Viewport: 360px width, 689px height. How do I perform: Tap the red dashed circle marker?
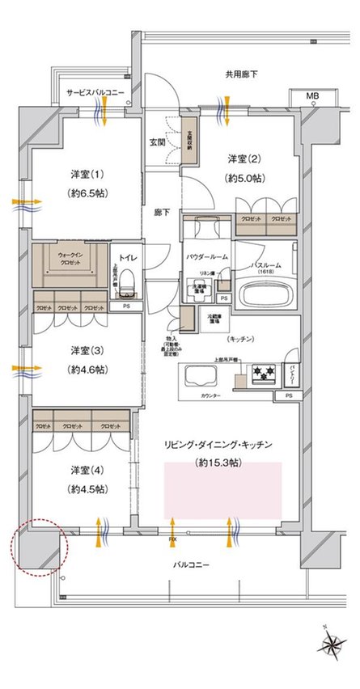[x=40, y=546]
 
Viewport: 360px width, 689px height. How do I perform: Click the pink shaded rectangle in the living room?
[x=222, y=490]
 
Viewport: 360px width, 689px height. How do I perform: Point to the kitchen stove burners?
[x=263, y=373]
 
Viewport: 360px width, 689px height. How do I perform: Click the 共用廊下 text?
[x=242, y=74]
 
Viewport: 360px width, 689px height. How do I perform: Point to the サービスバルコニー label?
[x=95, y=94]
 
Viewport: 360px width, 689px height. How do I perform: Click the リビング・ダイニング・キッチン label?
[x=219, y=445]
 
